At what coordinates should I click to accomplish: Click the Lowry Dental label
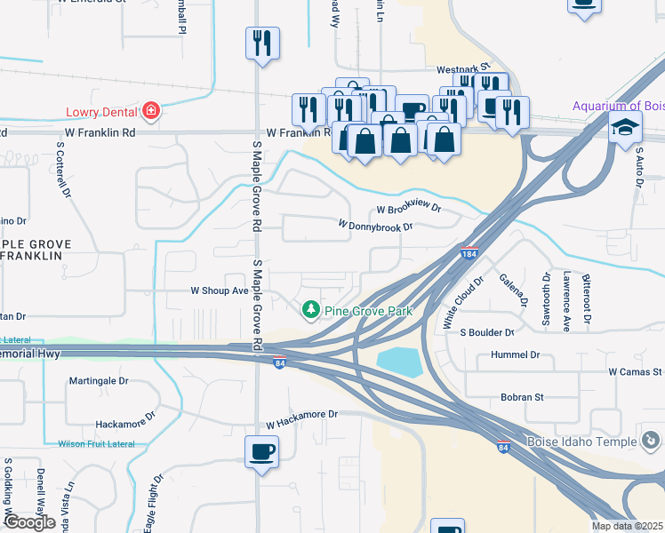100,113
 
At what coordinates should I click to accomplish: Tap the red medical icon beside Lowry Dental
151,111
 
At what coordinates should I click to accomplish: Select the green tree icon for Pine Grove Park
310,309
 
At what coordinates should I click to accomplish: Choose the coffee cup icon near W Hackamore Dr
262,452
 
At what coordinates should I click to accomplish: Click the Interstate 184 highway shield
469,254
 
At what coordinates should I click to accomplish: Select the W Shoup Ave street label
220,290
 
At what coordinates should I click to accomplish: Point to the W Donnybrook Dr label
375,227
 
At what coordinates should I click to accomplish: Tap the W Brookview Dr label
408,209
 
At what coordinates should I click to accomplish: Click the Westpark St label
463,68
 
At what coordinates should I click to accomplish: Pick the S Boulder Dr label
487,332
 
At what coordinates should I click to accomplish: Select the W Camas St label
635,371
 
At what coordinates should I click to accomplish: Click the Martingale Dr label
99,381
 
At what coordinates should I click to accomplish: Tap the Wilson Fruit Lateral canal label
94,443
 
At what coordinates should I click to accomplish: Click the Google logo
29,522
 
